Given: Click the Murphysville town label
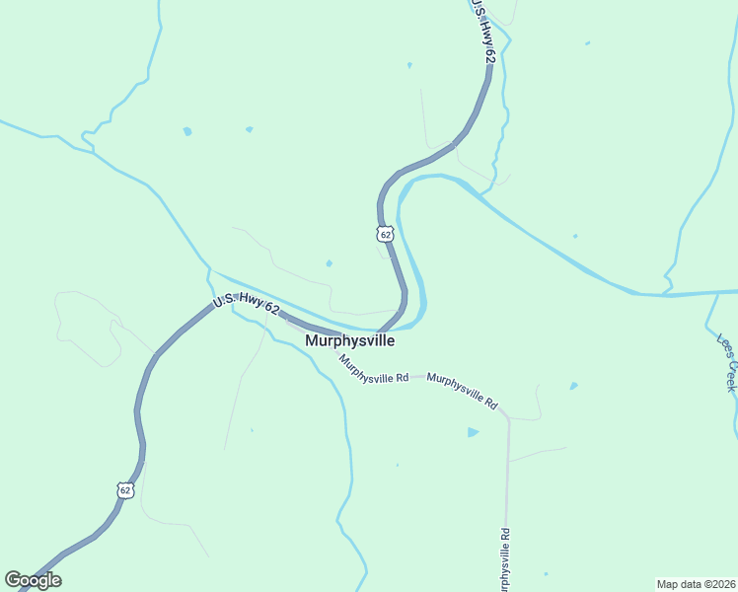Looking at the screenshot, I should tap(350, 340).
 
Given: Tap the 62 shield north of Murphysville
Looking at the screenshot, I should tap(385, 234).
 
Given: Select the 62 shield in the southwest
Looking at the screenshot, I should tap(123, 489).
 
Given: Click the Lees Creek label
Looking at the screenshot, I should tap(727, 362).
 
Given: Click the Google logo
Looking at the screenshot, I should tap(33, 580).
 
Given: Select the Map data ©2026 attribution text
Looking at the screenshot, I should tap(696, 584).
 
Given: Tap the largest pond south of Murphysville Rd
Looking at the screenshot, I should tap(473, 432).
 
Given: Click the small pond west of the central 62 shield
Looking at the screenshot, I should tap(329, 263).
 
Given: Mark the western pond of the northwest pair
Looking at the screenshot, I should tap(186, 131).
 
